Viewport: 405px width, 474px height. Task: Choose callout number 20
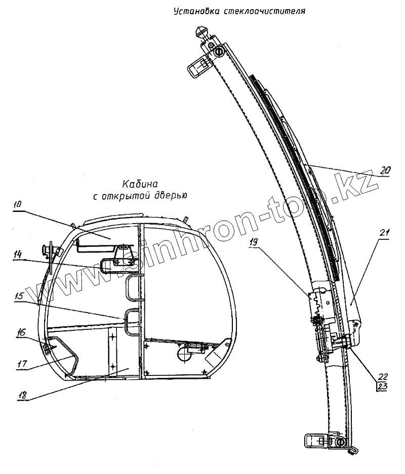(x=385, y=170)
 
